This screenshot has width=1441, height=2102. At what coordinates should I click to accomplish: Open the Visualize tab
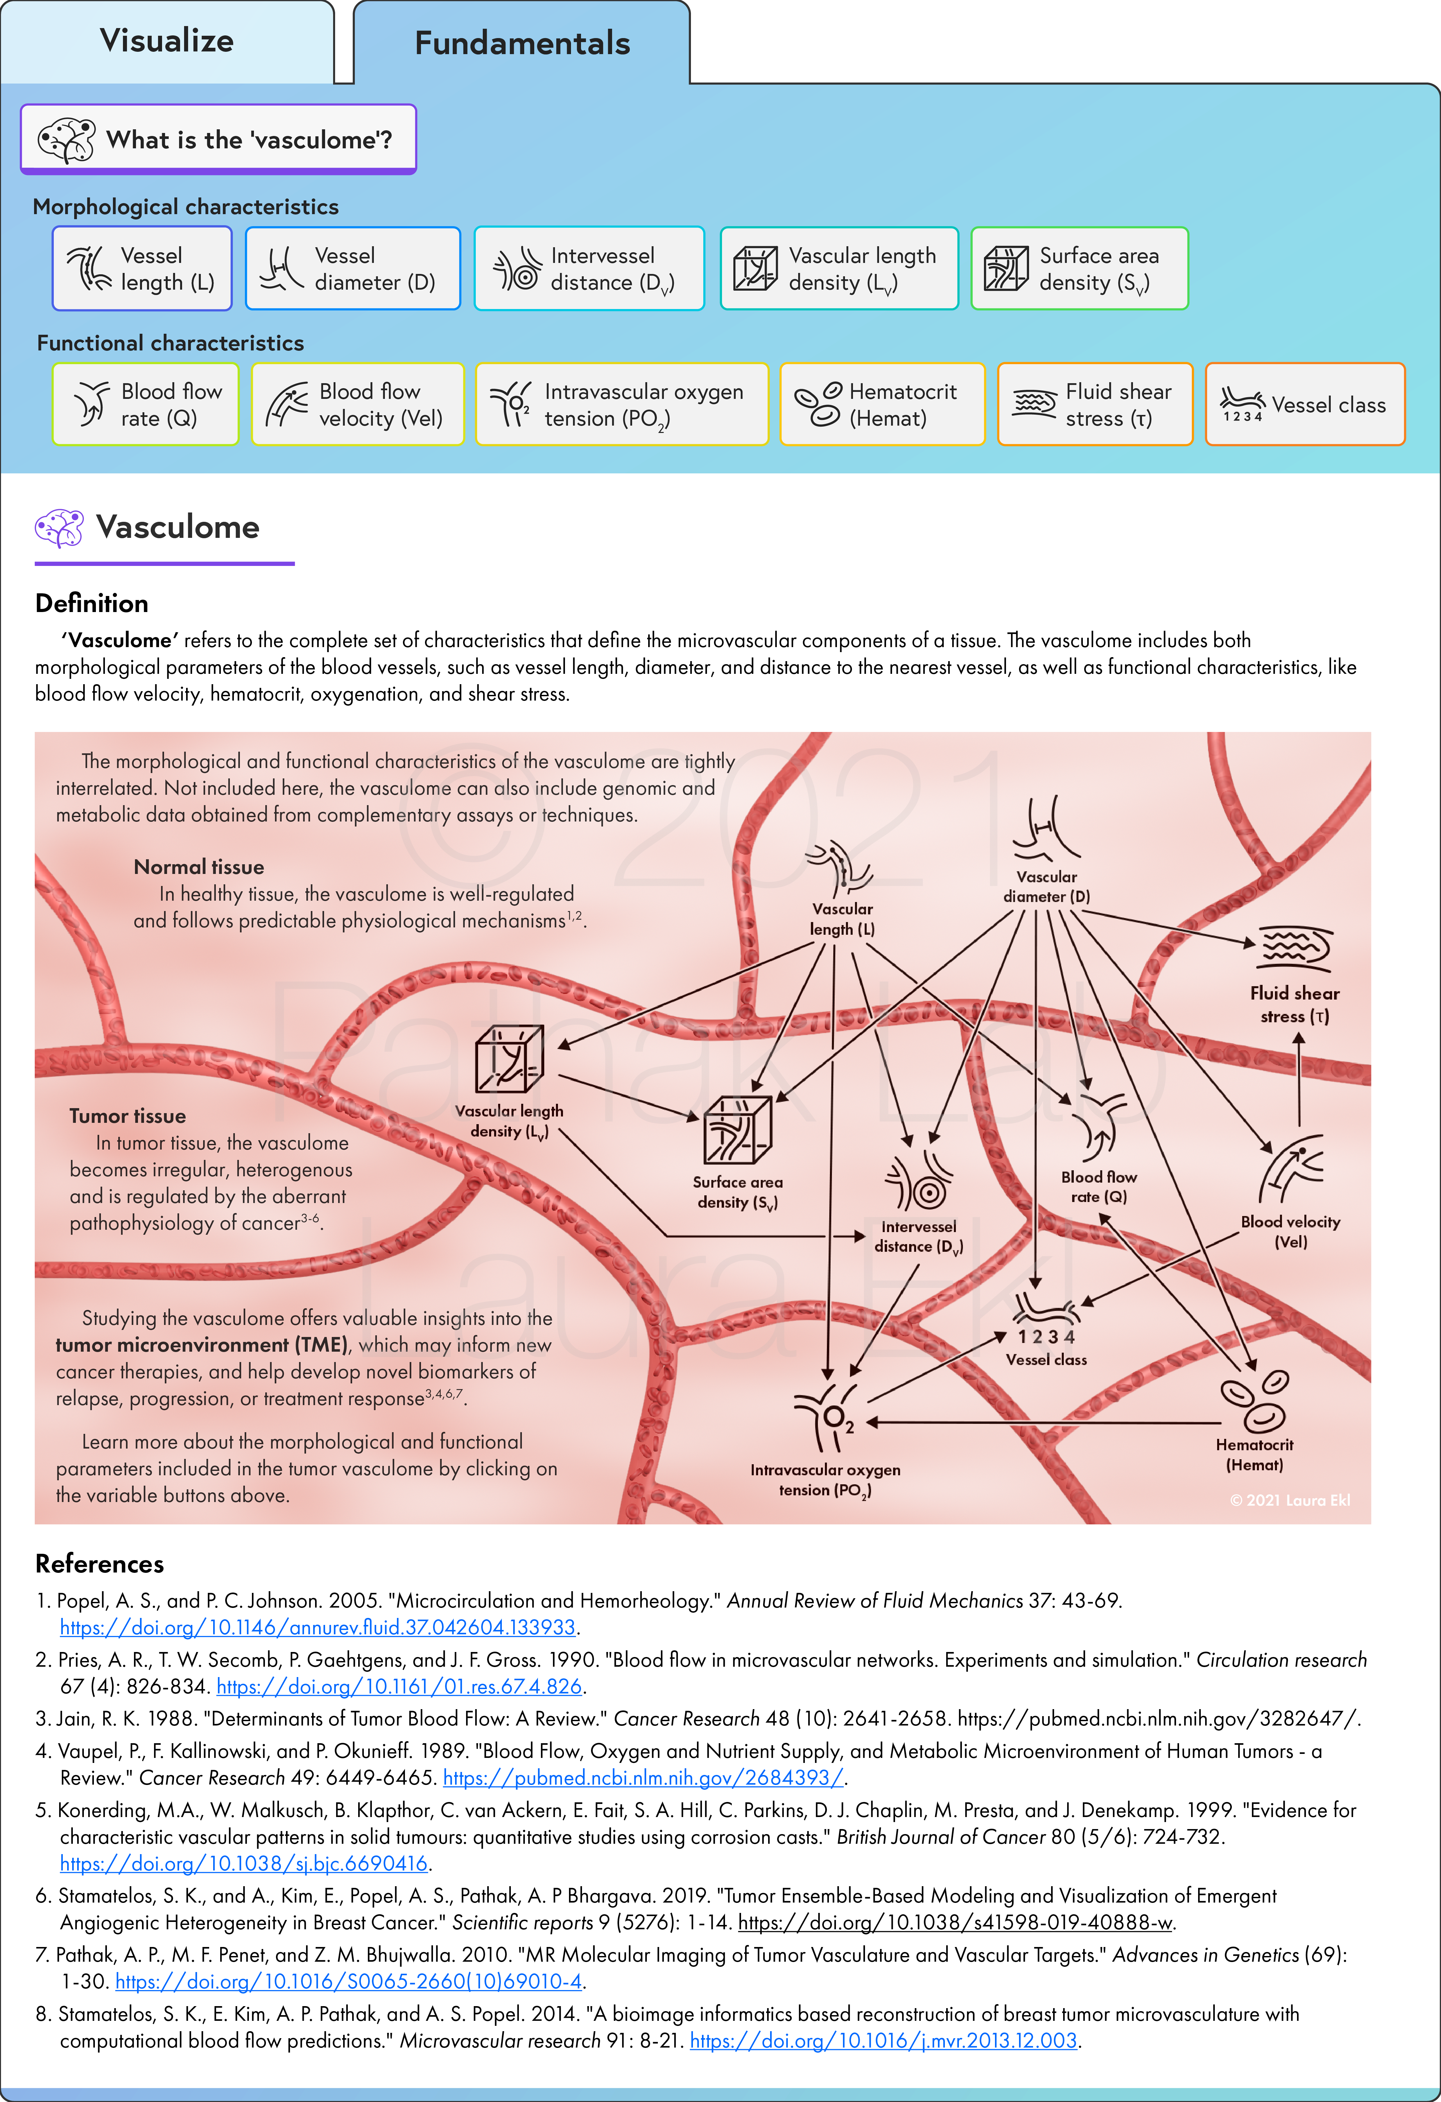(167, 42)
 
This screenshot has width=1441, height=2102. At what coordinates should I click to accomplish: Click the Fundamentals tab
(522, 43)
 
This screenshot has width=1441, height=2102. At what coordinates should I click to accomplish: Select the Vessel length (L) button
(142, 269)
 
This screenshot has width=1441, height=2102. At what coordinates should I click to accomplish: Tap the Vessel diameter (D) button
(353, 269)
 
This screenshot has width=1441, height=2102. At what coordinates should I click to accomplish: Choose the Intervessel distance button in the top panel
(589, 269)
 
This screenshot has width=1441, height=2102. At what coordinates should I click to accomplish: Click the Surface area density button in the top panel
(1079, 269)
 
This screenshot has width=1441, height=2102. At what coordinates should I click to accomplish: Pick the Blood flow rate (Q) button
(146, 404)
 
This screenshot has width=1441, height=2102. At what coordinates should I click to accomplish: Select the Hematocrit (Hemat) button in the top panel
(882, 404)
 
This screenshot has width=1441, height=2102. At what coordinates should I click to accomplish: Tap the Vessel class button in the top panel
(1305, 404)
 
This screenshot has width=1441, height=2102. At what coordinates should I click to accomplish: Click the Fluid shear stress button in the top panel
(1096, 404)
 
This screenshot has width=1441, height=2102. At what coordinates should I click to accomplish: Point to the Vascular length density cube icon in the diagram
(509, 1059)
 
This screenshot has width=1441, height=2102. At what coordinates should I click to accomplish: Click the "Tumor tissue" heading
(128, 1116)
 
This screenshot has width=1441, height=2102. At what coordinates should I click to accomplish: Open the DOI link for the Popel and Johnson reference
(317, 1627)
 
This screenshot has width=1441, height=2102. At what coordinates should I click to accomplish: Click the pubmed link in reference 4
(643, 1777)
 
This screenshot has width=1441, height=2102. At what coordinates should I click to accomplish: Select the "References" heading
(100, 1564)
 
